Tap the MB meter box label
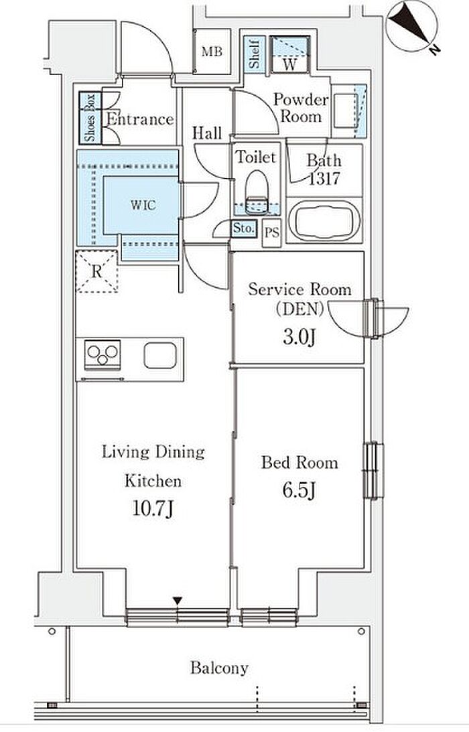(x=212, y=52)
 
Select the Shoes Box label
(x=90, y=118)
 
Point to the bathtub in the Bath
(x=324, y=220)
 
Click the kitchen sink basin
(x=159, y=356)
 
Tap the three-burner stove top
(x=103, y=354)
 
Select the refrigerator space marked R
(x=96, y=272)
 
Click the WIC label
(x=143, y=204)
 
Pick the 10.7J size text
(x=153, y=509)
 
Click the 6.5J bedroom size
(x=299, y=490)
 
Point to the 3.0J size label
(x=299, y=337)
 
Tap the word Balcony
(x=219, y=668)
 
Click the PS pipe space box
(x=271, y=232)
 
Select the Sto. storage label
(x=244, y=229)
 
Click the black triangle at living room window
(x=177, y=600)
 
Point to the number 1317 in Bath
(x=324, y=178)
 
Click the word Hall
(x=207, y=133)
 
